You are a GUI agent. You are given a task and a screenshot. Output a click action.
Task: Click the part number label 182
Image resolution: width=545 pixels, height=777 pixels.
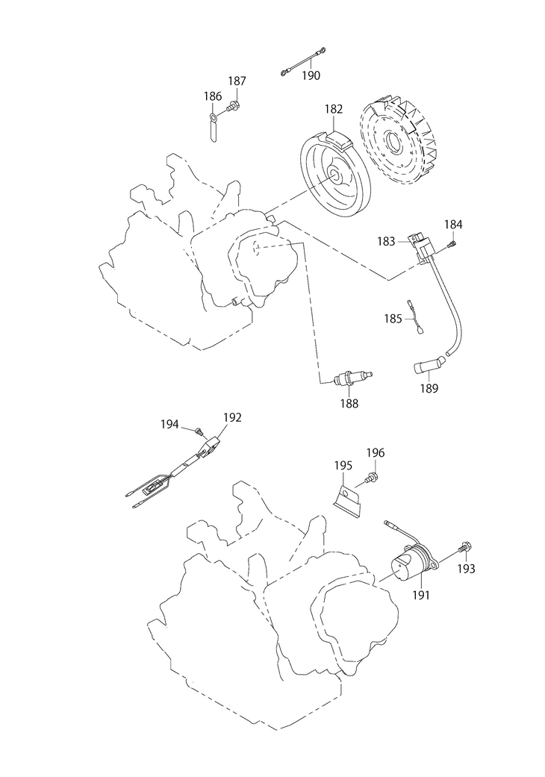[x=333, y=109]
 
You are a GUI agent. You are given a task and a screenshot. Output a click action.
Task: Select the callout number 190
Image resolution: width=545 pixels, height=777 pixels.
[x=311, y=75]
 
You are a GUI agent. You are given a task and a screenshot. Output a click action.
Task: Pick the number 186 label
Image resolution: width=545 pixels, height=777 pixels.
[x=213, y=96]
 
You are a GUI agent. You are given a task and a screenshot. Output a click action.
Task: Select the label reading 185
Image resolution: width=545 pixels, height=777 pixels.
[x=393, y=318]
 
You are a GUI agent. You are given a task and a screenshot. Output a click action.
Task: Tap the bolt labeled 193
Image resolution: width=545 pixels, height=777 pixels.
[x=464, y=549]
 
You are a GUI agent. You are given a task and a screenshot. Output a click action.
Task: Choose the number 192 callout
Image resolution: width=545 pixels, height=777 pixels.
[x=232, y=418]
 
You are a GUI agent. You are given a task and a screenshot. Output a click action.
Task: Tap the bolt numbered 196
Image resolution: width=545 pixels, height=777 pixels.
[x=370, y=475]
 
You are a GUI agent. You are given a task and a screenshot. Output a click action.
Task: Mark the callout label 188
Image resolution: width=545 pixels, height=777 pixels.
[x=349, y=404]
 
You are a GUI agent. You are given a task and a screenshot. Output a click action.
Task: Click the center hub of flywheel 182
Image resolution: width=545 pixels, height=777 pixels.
[x=337, y=178]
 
